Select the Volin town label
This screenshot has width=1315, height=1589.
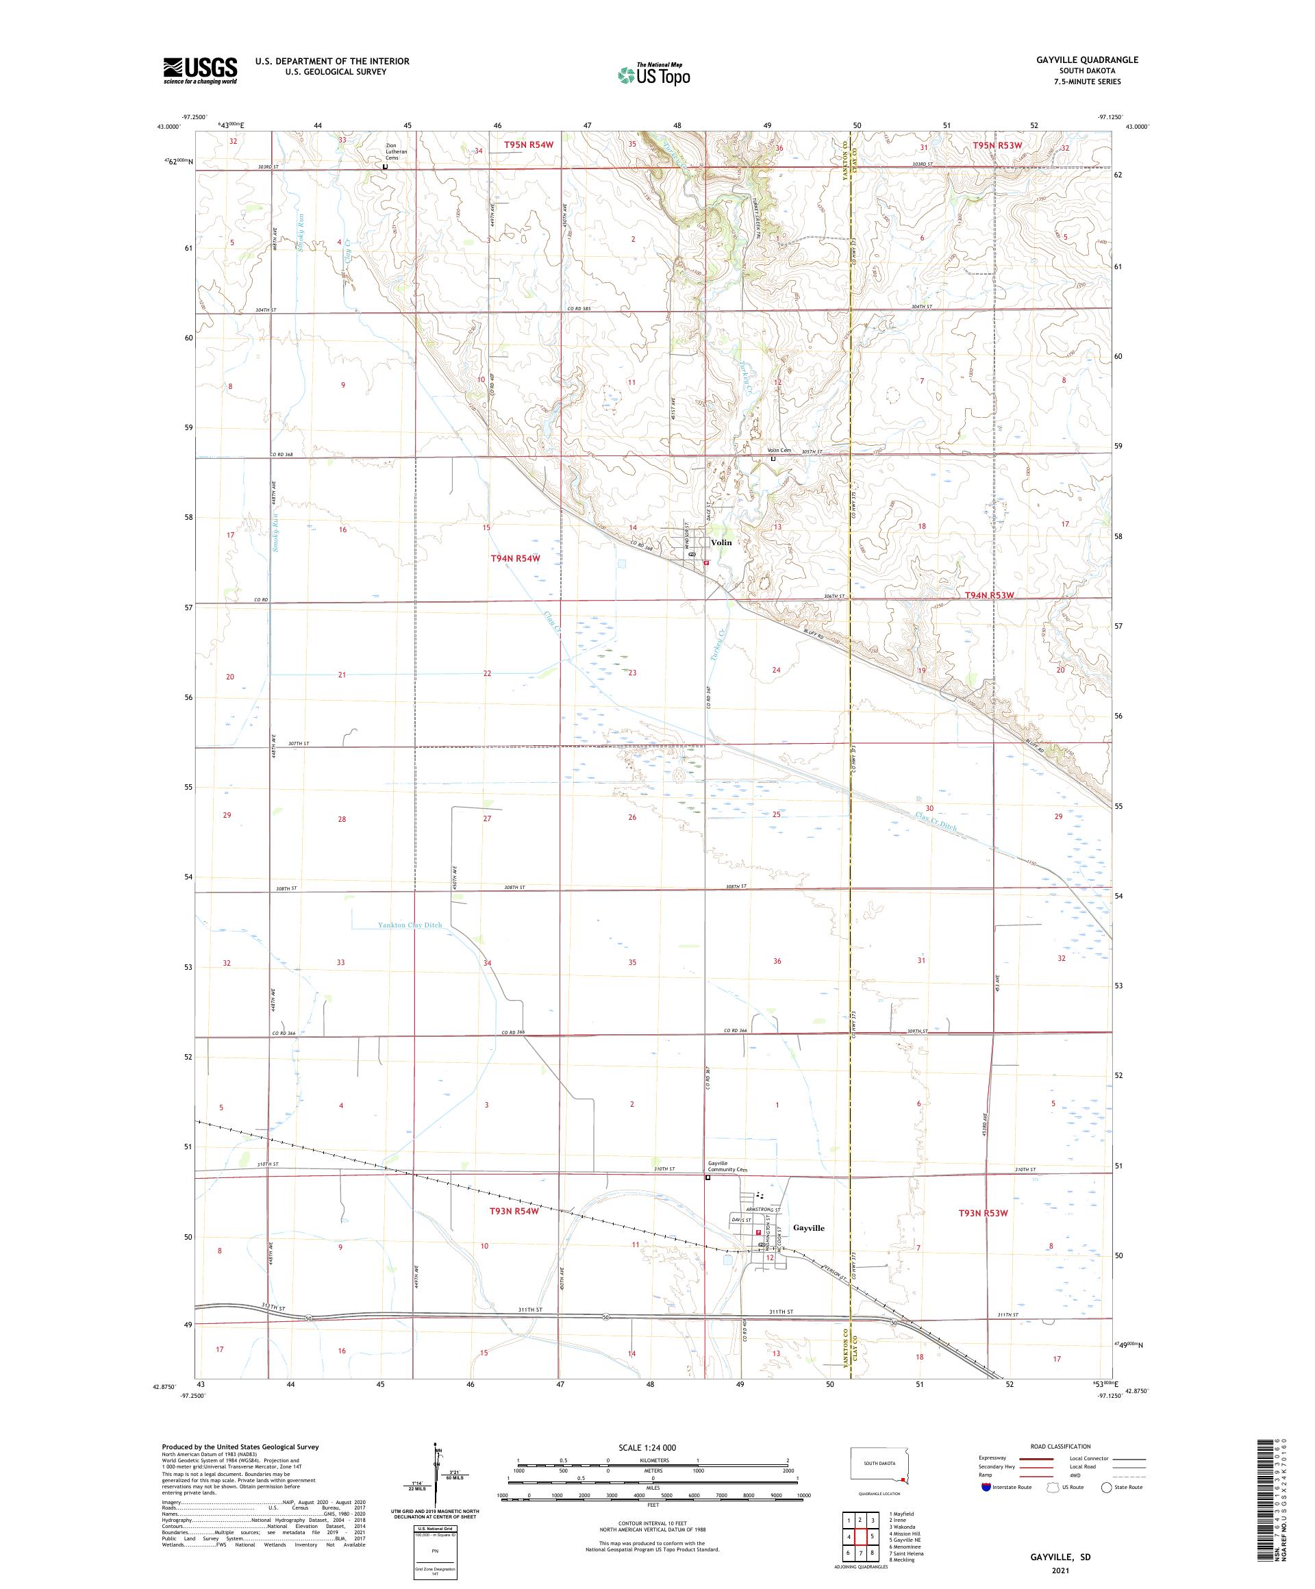click(721, 542)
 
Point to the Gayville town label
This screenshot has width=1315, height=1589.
click(809, 1228)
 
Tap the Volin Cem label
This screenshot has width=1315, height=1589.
click(779, 450)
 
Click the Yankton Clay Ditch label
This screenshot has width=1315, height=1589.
click(410, 925)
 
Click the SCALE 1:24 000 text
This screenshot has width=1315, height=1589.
click(653, 1447)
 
